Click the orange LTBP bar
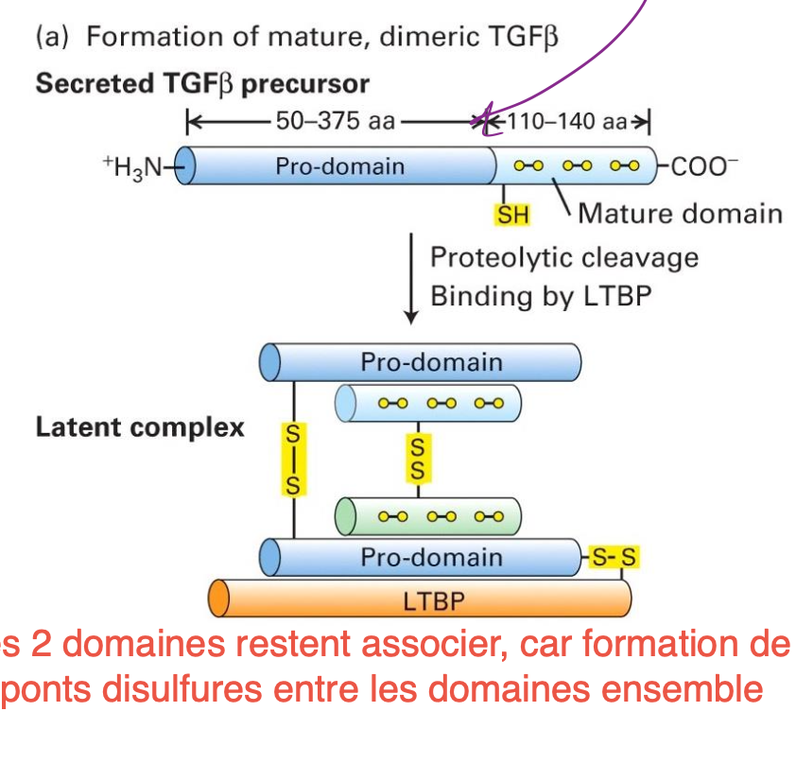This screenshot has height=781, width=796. pos(420,599)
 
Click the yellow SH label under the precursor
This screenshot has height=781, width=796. pos(513,215)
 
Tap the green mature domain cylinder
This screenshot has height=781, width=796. pos(429,516)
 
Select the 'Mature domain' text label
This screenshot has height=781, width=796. pos(680,213)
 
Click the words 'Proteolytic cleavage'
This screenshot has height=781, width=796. pos(563,258)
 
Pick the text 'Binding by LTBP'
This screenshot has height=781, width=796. pos(541,296)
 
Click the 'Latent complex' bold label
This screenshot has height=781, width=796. pos(139,427)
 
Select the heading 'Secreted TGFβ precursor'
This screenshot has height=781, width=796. pos(202,84)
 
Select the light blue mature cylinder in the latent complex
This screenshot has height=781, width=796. pos(429,404)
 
